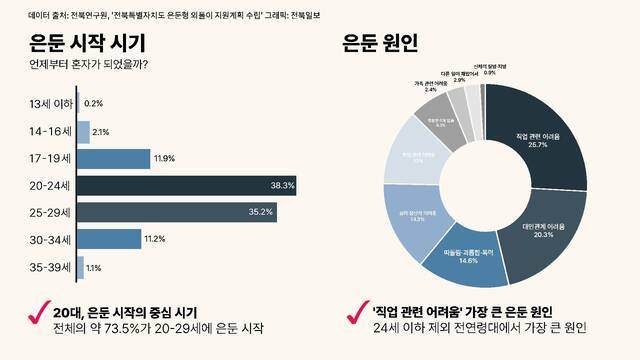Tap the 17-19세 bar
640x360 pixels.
pyautogui.click(x=113, y=158)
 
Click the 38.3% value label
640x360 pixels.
pyautogui.click(x=282, y=185)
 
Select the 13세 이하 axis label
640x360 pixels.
pyautogui.click(x=51, y=104)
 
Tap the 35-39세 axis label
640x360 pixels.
pyautogui.click(x=51, y=267)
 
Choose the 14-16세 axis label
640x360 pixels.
pyautogui.click(x=51, y=131)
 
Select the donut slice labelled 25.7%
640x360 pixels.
pyautogui.click(x=534, y=140)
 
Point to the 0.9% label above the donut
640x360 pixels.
pyautogui.click(x=489, y=73)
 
